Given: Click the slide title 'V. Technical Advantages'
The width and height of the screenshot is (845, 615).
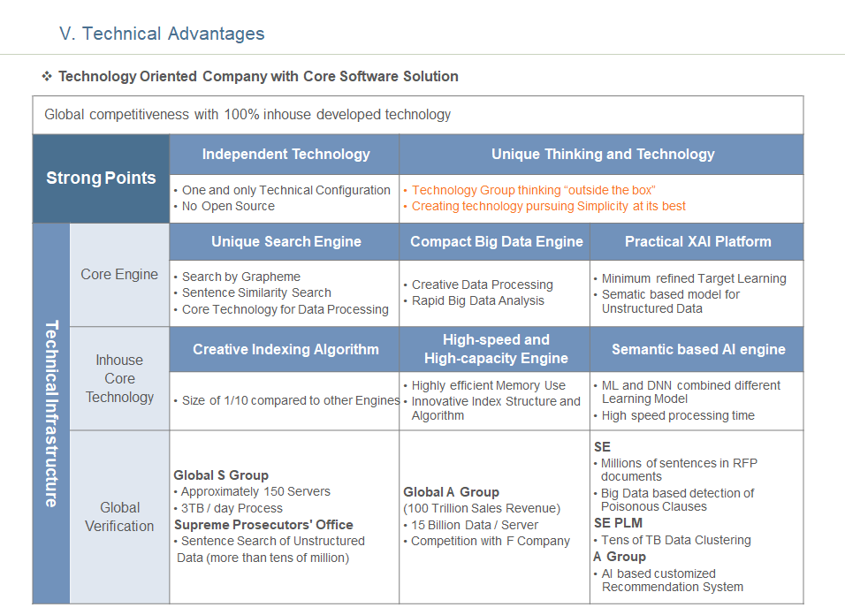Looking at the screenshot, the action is (x=162, y=34).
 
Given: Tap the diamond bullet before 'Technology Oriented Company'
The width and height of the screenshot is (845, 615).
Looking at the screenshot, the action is (x=47, y=76).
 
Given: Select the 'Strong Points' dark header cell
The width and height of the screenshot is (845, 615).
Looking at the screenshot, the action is (x=101, y=178).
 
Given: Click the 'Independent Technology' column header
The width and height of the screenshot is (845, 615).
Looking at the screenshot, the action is (x=285, y=154).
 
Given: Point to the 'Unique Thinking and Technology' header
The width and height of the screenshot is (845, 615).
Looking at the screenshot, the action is (x=603, y=154).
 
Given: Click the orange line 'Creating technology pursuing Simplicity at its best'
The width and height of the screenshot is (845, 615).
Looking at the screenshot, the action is (x=549, y=206).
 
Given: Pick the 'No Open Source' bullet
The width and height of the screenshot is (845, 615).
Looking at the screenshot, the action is (x=228, y=206).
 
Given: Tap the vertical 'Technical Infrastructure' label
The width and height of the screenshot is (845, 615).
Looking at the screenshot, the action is (x=51, y=414).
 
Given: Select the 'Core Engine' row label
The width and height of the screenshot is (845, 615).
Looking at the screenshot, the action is (x=119, y=274).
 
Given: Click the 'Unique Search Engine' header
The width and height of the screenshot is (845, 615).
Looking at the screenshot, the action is (x=285, y=241).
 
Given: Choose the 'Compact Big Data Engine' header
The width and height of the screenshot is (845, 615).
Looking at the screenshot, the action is (x=497, y=241).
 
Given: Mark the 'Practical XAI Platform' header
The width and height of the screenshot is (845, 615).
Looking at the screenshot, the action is (x=698, y=241).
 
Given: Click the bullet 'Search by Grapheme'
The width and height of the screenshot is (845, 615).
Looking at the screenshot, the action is (x=241, y=277).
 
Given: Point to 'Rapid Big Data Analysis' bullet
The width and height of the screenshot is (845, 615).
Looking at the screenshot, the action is (x=478, y=300).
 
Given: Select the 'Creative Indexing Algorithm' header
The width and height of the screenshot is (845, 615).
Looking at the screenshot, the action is (x=285, y=349).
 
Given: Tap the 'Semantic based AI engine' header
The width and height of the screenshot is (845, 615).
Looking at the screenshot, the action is (x=698, y=349).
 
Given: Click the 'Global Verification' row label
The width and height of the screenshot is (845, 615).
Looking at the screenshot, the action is (x=119, y=516).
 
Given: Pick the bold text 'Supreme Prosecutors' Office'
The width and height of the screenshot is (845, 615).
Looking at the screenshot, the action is (x=263, y=525).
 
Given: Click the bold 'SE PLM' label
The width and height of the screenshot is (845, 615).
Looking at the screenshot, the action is (x=618, y=523).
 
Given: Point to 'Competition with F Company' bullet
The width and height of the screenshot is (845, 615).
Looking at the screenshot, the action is (x=491, y=542).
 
